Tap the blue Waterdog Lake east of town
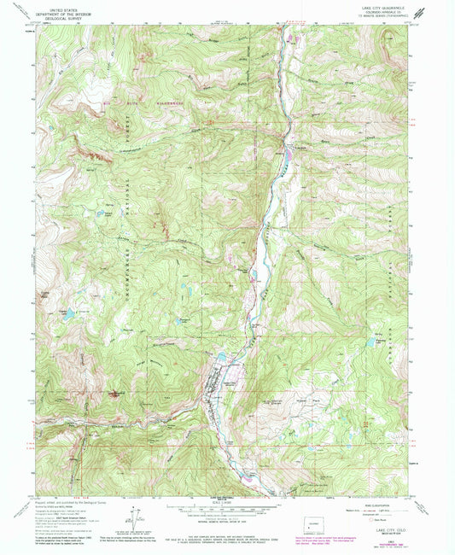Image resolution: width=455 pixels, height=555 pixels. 373,342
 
